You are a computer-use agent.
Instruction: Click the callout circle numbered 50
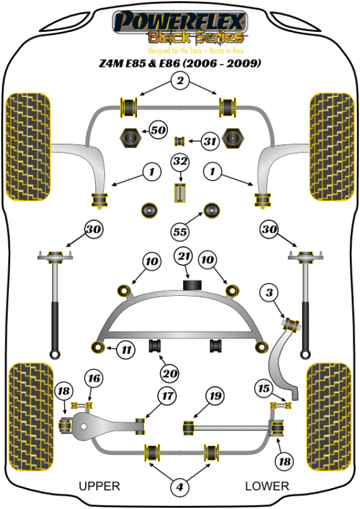click(158, 130)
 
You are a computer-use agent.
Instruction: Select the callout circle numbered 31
click(209, 142)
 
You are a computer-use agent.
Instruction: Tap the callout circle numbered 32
click(180, 161)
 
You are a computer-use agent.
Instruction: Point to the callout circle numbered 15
click(263, 388)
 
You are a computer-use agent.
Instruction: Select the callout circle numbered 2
click(178, 80)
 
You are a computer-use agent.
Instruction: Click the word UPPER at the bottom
click(100, 486)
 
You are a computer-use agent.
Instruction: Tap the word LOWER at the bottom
click(267, 486)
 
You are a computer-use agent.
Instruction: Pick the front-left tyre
click(27, 146)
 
